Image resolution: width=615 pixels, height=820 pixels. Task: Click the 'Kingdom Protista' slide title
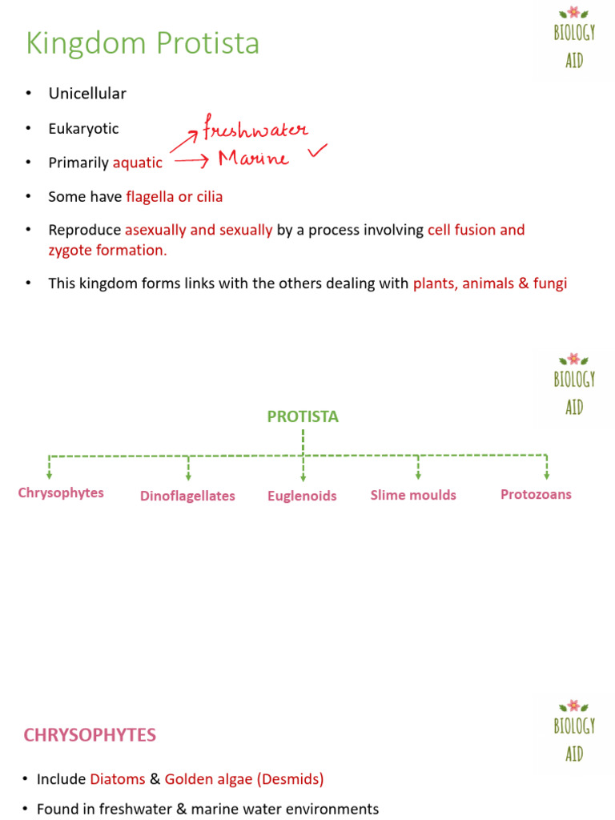143,43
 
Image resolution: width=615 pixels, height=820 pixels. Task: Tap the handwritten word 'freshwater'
255,128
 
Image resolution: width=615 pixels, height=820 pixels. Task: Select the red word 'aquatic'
137,163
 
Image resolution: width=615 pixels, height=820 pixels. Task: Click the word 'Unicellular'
87,94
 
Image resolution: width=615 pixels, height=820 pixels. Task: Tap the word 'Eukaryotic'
83,128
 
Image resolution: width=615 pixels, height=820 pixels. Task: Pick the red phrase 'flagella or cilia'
174,196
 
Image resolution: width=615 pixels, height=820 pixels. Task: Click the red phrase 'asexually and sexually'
199,231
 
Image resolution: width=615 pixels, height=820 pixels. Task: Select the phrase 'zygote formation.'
107,250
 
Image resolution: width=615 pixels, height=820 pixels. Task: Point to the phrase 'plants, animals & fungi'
489,283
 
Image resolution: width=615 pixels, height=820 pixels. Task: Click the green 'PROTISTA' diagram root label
303,416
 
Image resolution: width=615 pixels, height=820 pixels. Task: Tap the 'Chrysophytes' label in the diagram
61,492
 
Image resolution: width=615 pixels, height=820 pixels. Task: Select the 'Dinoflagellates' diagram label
187,496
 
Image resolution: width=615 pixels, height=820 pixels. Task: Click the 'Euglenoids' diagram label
302,496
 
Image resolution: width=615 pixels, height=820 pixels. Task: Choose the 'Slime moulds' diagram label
413,495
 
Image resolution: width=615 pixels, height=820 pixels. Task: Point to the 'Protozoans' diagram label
536,494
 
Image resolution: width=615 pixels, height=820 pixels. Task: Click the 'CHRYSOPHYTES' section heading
90,735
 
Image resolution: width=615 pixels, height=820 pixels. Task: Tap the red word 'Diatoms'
118,778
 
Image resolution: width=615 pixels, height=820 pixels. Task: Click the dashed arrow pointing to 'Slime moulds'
418,468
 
